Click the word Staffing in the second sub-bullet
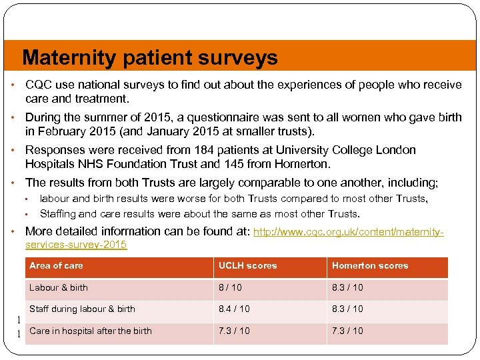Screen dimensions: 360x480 pyautogui.click(x=58, y=214)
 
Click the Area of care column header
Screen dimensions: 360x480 pyautogui.click(x=57, y=265)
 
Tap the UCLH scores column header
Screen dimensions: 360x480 pyautogui.click(x=247, y=265)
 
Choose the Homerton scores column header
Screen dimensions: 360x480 pyautogui.click(x=370, y=265)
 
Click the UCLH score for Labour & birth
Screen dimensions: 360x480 pyautogui.click(x=231, y=288)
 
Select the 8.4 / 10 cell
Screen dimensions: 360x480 pyautogui.click(x=234, y=309)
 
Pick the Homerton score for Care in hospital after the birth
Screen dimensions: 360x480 pyautogui.click(x=347, y=331)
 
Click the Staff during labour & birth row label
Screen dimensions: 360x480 pyautogui.click(x=82, y=309)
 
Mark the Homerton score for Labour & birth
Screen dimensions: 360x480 pyautogui.click(x=347, y=288)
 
